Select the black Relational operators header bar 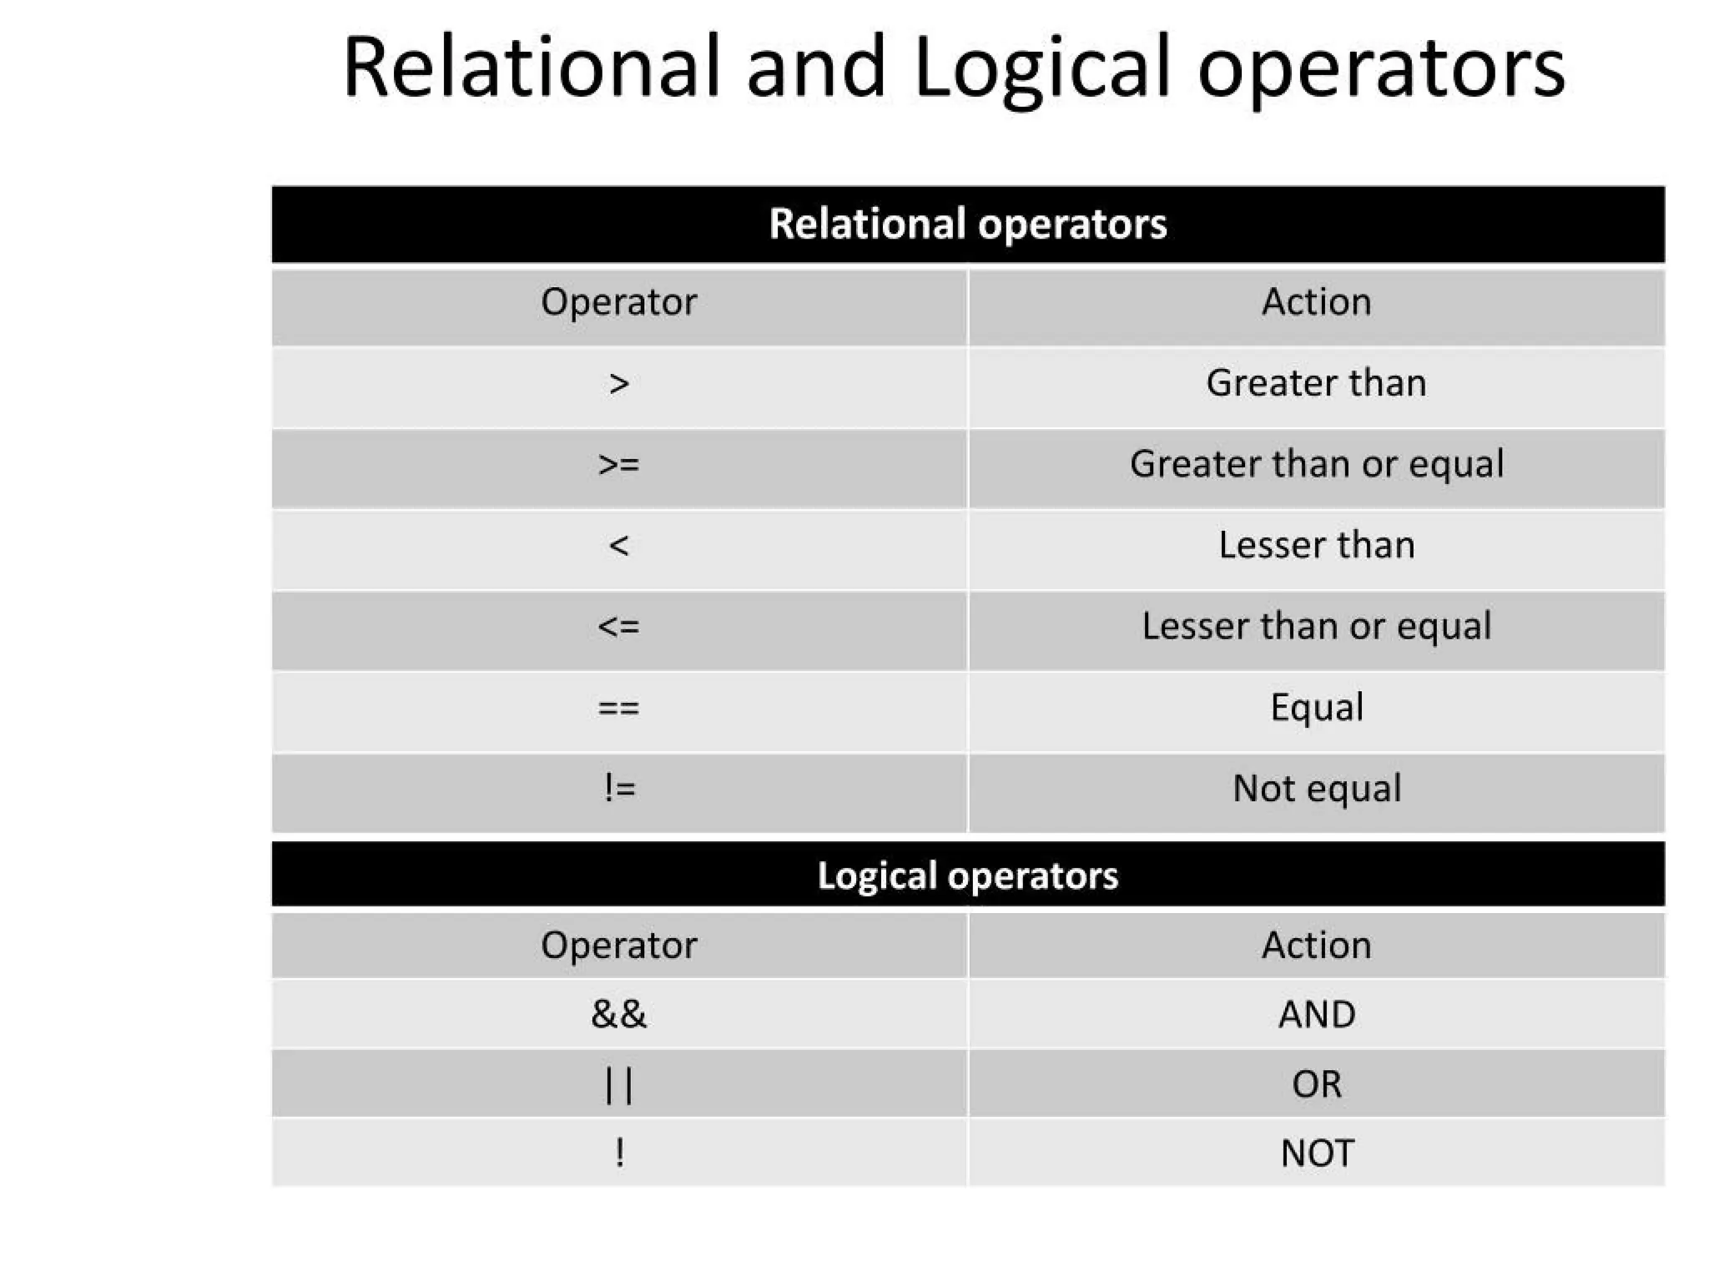pos(968,224)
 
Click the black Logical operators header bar pos(968,875)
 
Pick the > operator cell pos(618,385)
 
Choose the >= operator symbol pos(618,465)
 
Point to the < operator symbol pos(618,546)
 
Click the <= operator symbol pos(618,627)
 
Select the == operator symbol pos(618,708)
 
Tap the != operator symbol pos(618,788)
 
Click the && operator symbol pos(618,1014)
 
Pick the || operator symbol pos(618,1085)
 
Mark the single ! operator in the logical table pos(618,1153)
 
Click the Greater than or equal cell pos(1316,465)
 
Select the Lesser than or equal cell pos(1316,627)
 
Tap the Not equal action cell pos(1316,789)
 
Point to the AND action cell pos(1316,1014)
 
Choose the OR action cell pos(1316,1084)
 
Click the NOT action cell pos(1316,1153)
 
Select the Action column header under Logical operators pos(1316,946)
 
